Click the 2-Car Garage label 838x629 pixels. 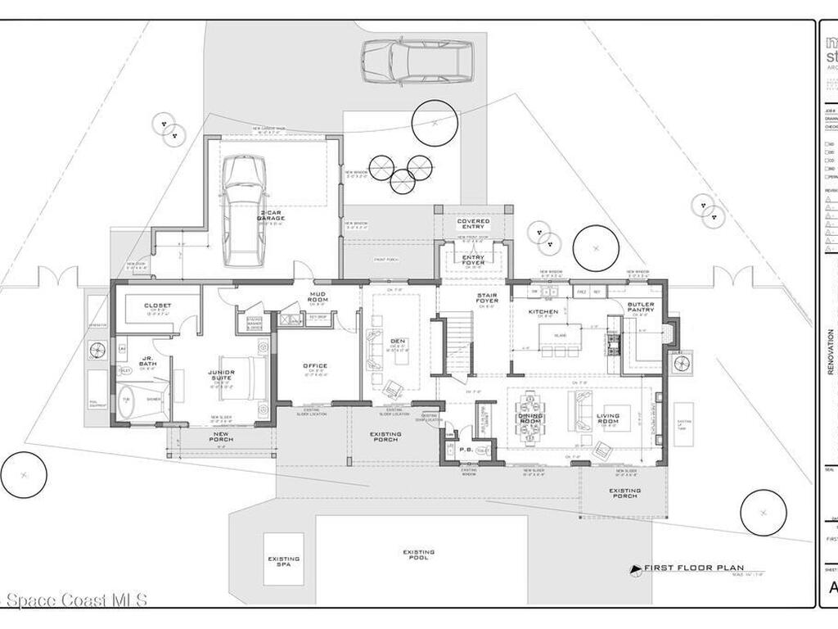(x=271, y=215)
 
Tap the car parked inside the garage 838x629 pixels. (x=245, y=209)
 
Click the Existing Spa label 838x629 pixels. (x=283, y=563)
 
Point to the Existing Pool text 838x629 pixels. (x=418, y=556)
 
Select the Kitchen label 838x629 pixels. (x=543, y=311)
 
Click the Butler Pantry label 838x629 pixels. (x=640, y=307)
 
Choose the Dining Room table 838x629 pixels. (x=530, y=417)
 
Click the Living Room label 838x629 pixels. (x=608, y=419)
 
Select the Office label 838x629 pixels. (x=315, y=366)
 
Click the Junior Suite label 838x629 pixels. (x=221, y=375)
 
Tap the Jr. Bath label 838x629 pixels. (x=147, y=361)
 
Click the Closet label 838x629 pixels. (x=157, y=305)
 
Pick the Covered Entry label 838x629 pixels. (x=473, y=224)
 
